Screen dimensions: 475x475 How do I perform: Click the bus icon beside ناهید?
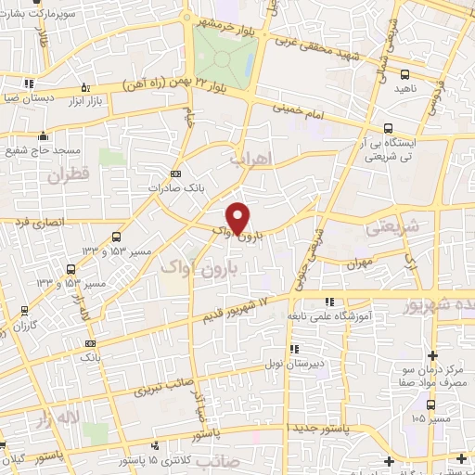404,75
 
